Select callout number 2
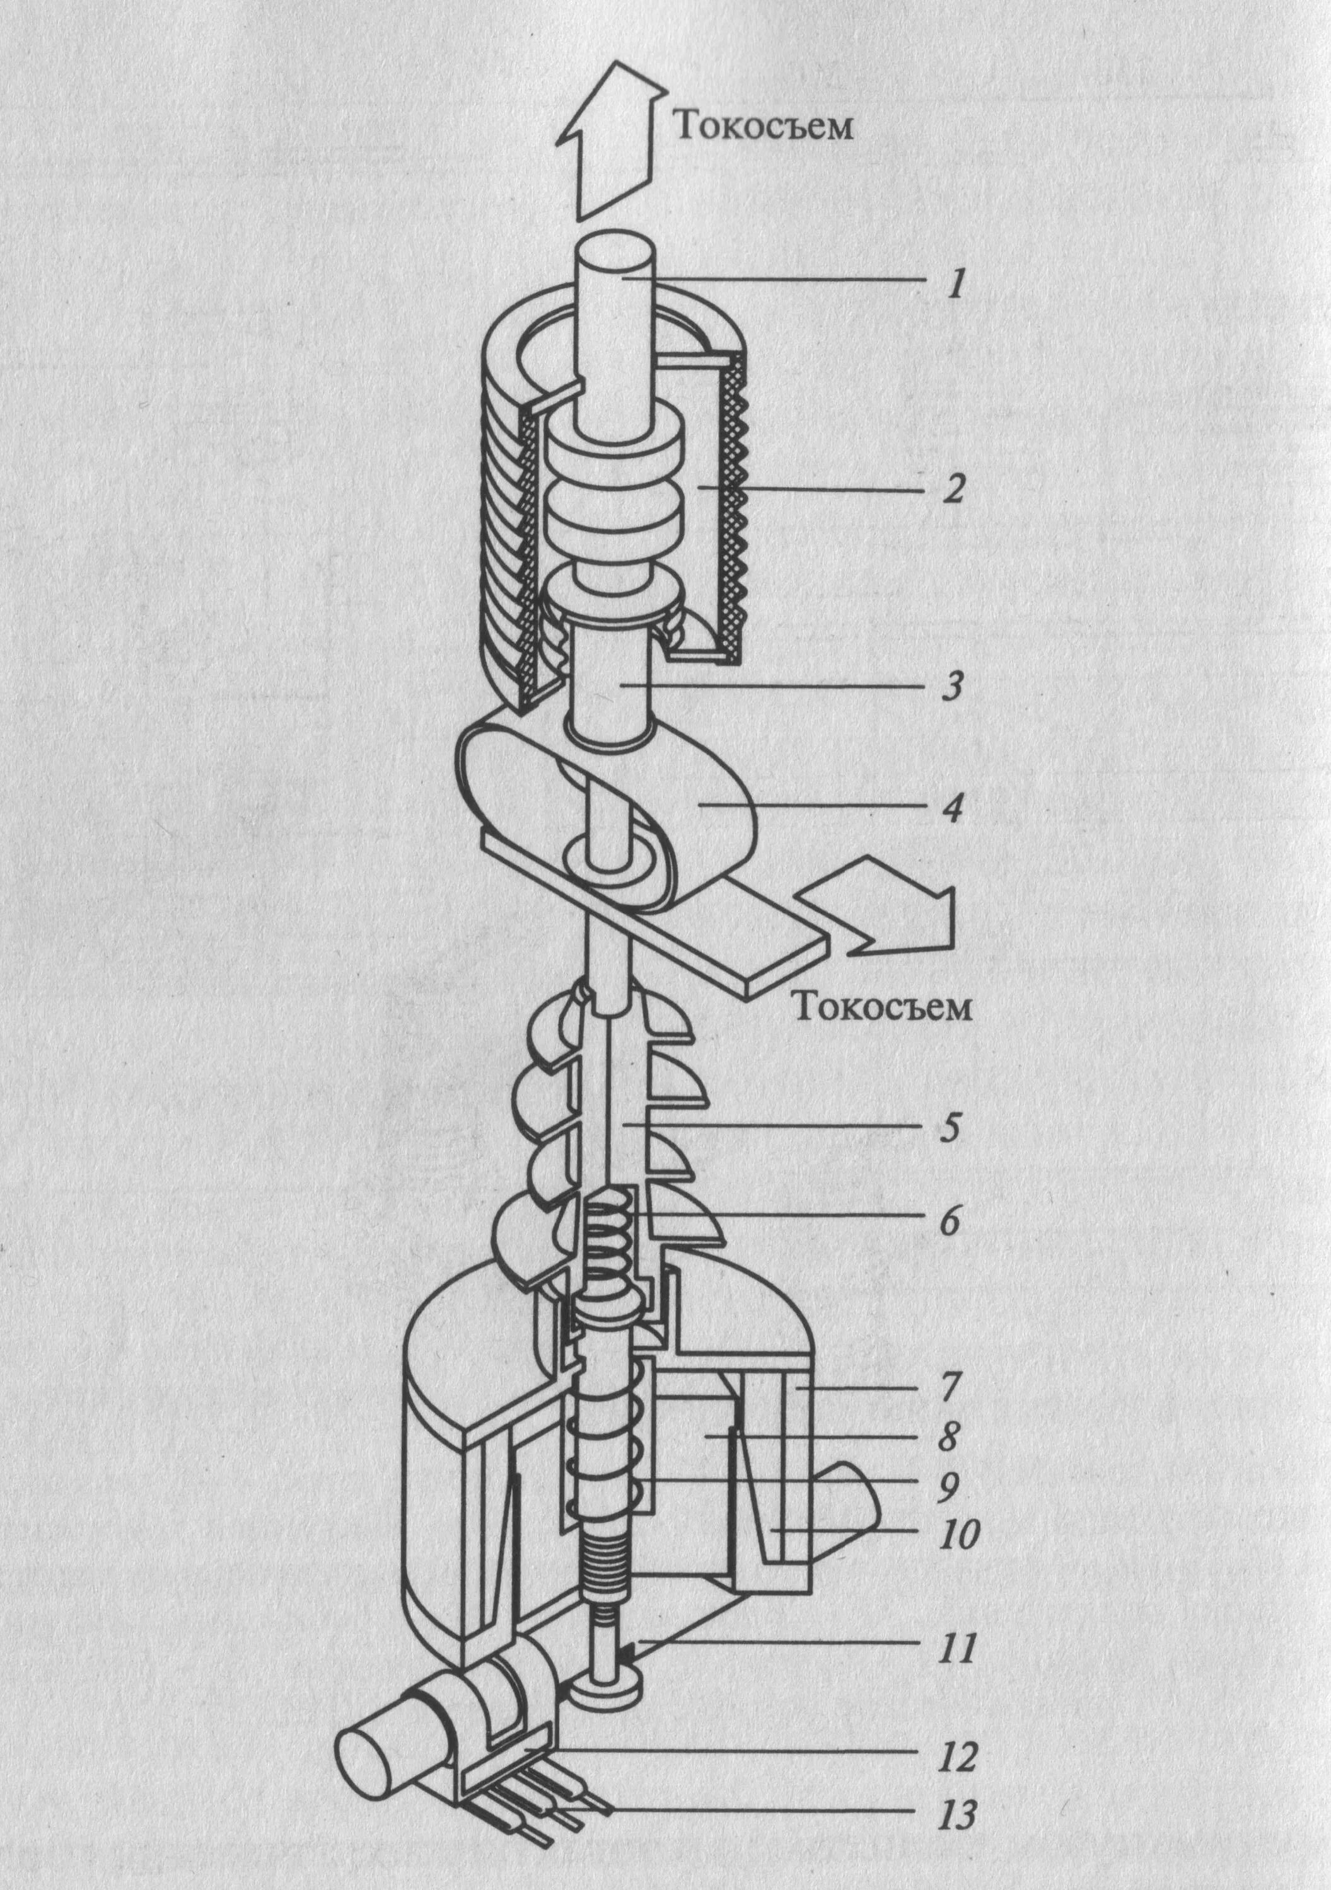954,492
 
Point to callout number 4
952,810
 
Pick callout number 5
950,1128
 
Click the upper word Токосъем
764,128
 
